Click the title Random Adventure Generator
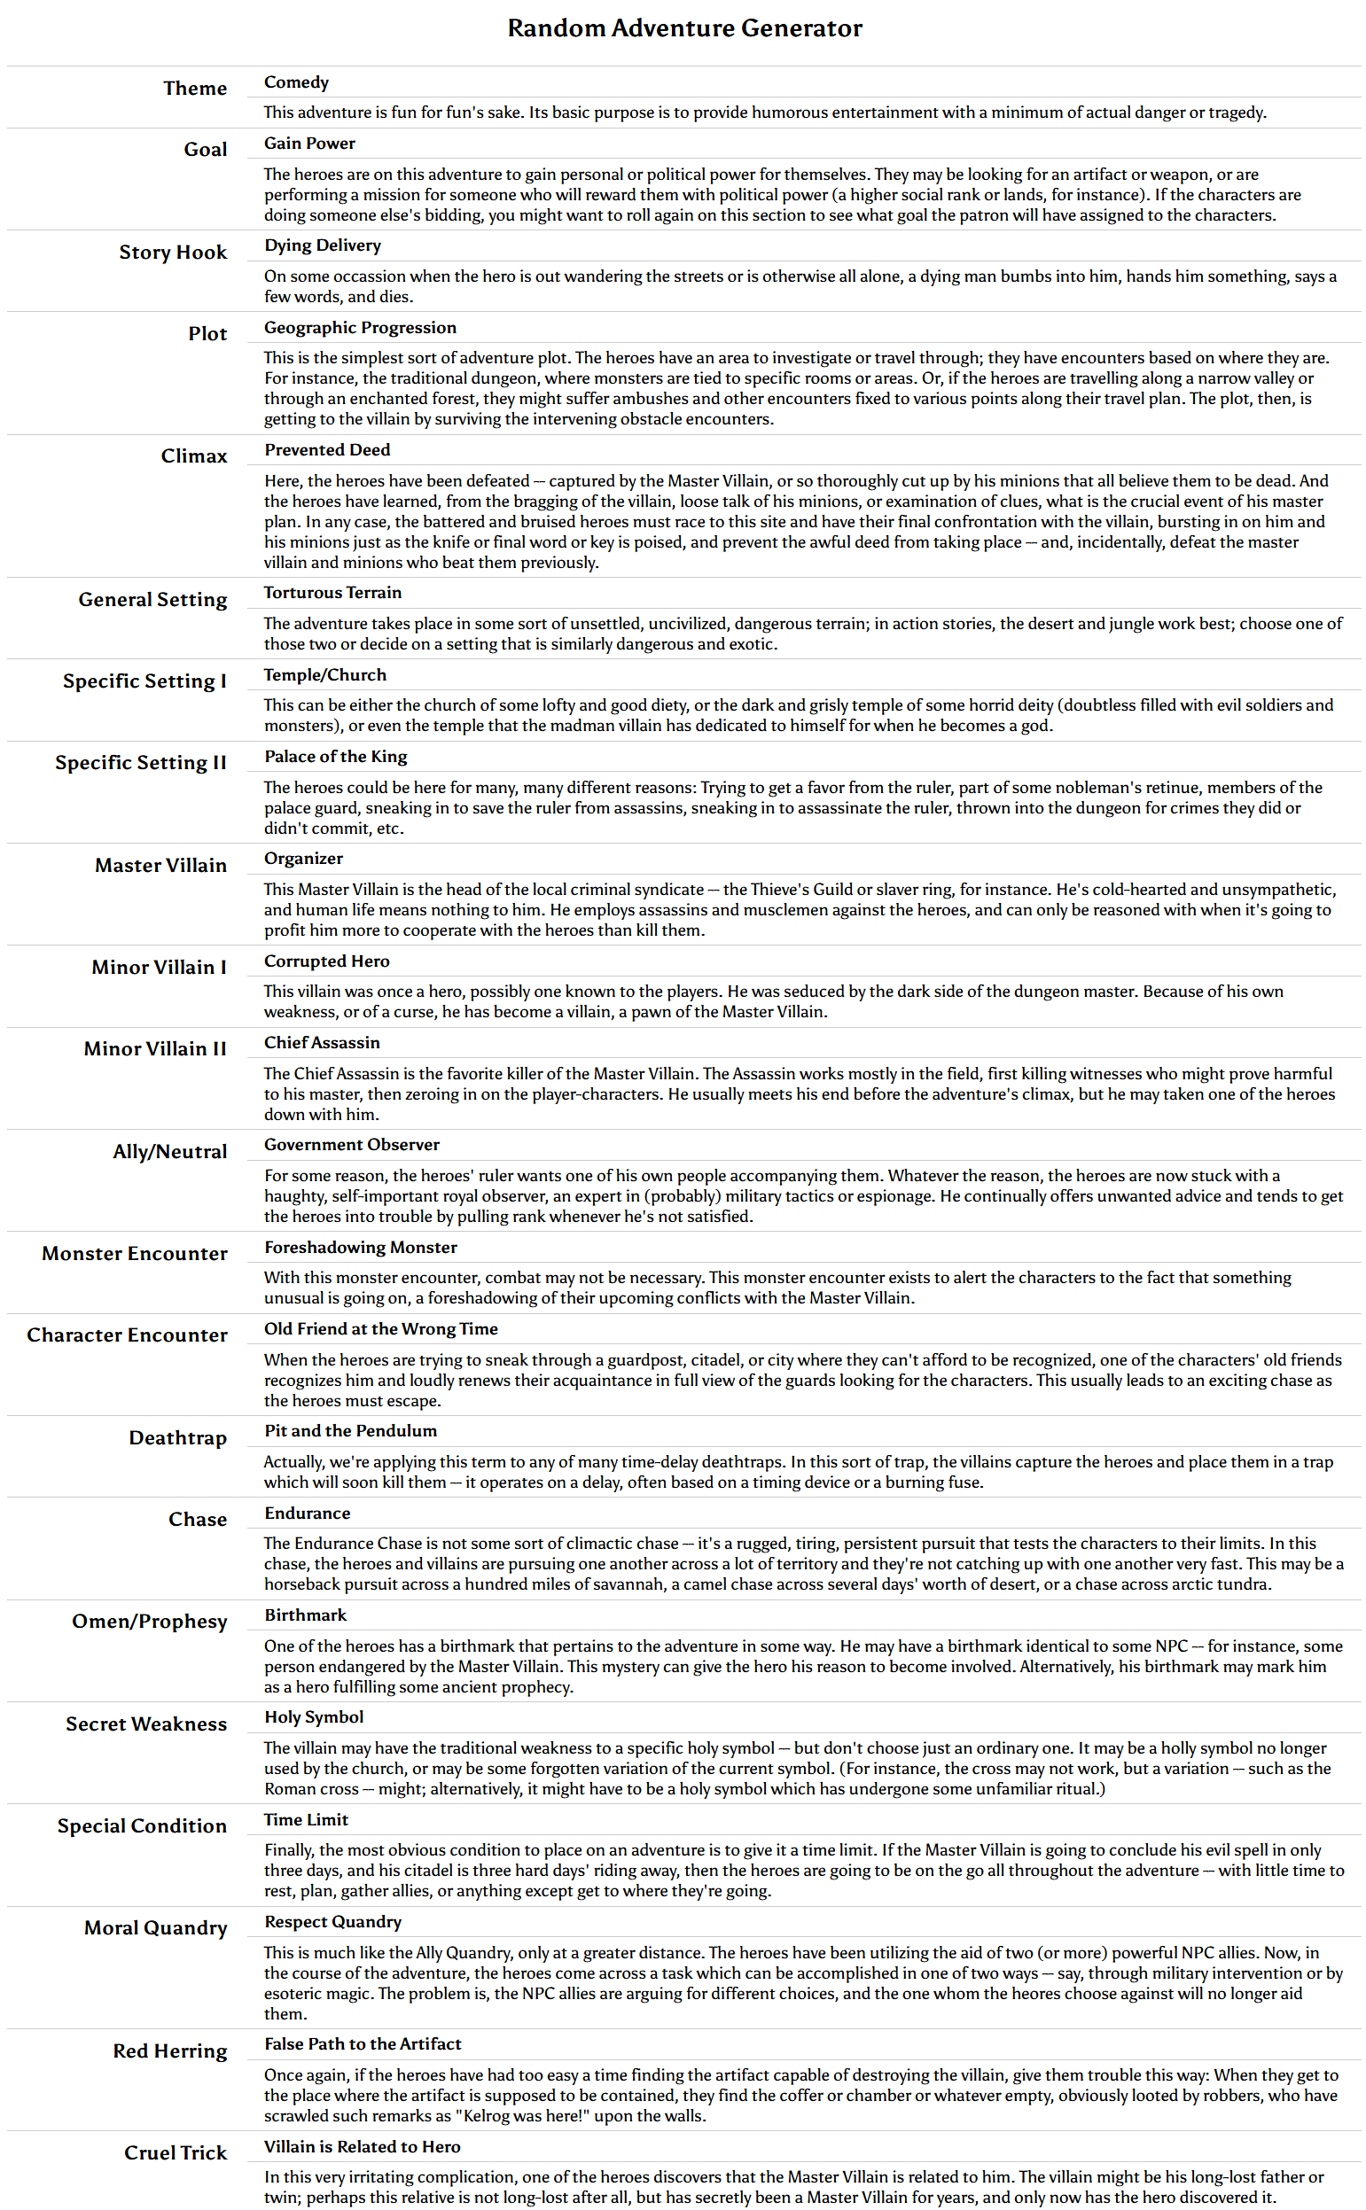684,28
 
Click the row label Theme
194,89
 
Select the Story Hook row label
173,253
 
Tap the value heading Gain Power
309,144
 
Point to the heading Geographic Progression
360,328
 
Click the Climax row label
193,456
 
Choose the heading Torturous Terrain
332,593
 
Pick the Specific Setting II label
140,763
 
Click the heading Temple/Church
324,674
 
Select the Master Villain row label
160,866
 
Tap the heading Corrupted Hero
326,961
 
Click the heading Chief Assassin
322,1043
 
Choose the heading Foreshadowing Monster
361,1248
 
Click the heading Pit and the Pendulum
349,1431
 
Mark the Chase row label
197,1520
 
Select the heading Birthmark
304,1615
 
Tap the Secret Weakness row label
145,1724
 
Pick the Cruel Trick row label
176,2153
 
